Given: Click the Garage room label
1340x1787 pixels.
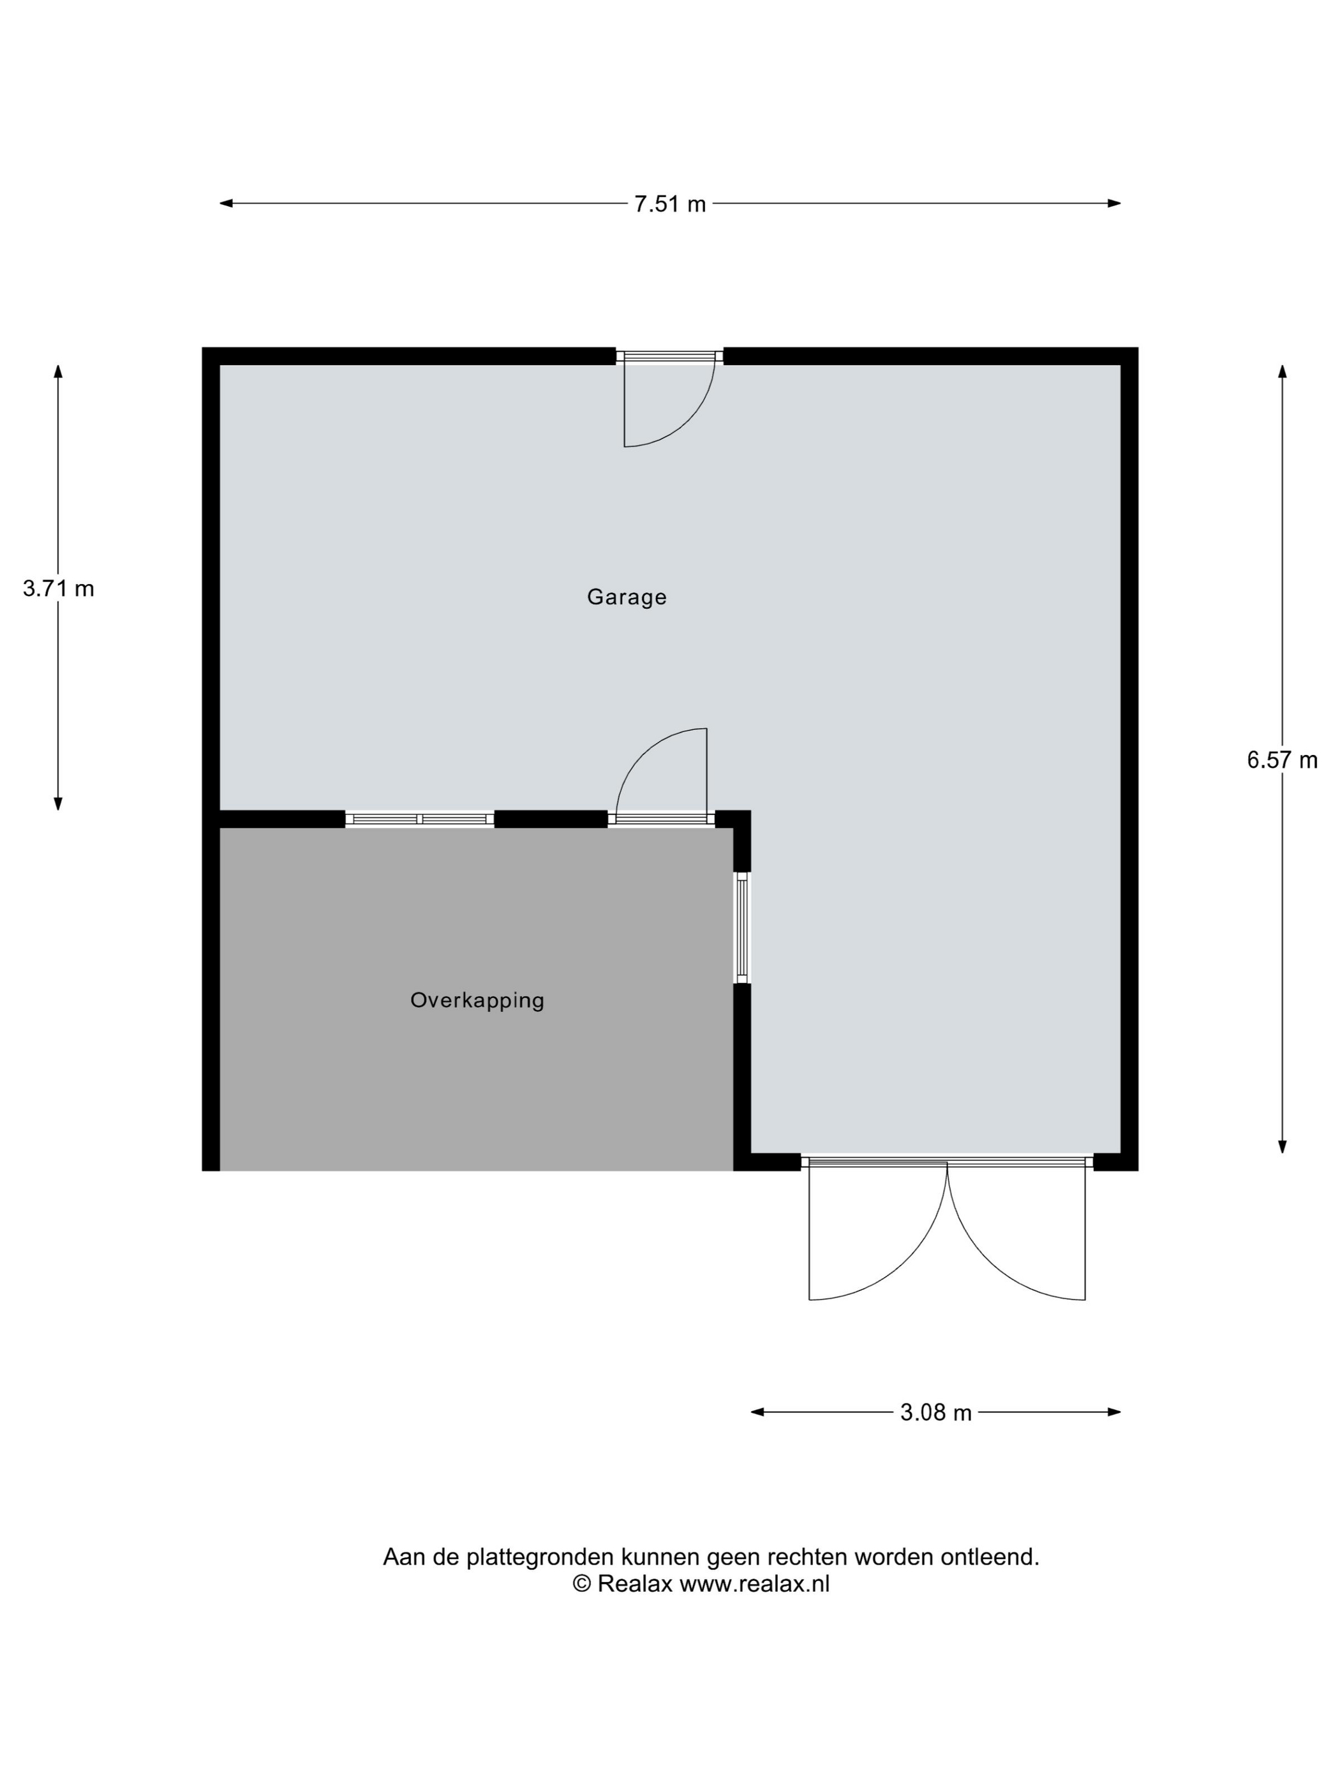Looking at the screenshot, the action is pyautogui.click(x=626, y=597).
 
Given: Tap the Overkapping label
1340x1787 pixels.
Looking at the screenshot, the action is pyautogui.click(x=477, y=1000).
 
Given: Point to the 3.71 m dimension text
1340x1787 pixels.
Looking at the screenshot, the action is pyautogui.click(x=58, y=589).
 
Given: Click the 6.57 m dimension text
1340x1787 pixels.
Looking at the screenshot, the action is pyautogui.click(x=1282, y=760).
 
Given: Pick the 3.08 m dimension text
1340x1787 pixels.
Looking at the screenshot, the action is pyautogui.click(x=935, y=1412).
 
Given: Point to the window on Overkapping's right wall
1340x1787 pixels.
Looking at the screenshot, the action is pyautogui.click(x=741, y=927).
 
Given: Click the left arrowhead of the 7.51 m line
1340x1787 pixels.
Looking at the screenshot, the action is pyautogui.click(x=226, y=204).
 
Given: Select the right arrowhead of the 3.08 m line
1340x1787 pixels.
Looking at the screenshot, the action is pyautogui.click(x=1114, y=1412).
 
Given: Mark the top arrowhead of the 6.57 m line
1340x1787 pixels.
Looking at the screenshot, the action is pyautogui.click(x=1282, y=371).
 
